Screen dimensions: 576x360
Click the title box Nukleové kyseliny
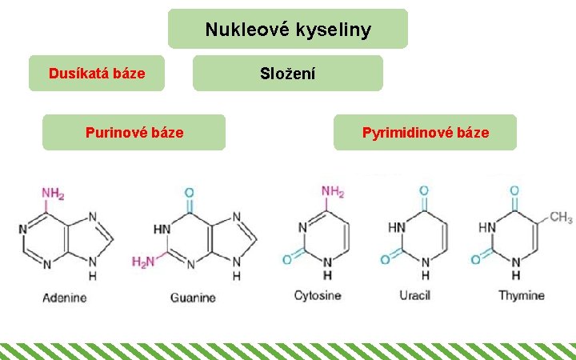[x=288, y=30]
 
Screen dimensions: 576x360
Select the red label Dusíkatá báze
[x=97, y=74]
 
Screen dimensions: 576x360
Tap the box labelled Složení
[x=288, y=74]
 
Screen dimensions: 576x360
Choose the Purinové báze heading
[x=134, y=132]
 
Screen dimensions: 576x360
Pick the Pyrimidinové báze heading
[x=425, y=132]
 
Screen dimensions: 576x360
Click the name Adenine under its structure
[x=64, y=298]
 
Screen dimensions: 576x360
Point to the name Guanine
[x=193, y=298]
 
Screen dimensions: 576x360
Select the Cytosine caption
[x=318, y=295]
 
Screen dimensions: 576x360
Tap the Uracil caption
[x=415, y=295]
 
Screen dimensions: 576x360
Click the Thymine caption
[x=522, y=295]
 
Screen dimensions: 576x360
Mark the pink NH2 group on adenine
[x=53, y=194]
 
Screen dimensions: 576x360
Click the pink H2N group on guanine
[x=143, y=261]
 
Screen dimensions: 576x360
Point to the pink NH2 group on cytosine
[x=333, y=192]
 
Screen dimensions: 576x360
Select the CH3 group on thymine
[x=560, y=218]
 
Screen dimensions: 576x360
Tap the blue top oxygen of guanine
[x=189, y=193]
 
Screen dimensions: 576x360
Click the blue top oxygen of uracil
[x=423, y=191]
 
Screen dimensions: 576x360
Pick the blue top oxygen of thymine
[x=514, y=191]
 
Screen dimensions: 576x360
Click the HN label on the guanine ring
[x=162, y=229]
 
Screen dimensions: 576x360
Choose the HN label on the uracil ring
[x=396, y=227]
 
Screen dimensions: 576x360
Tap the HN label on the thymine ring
[x=486, y=227]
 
